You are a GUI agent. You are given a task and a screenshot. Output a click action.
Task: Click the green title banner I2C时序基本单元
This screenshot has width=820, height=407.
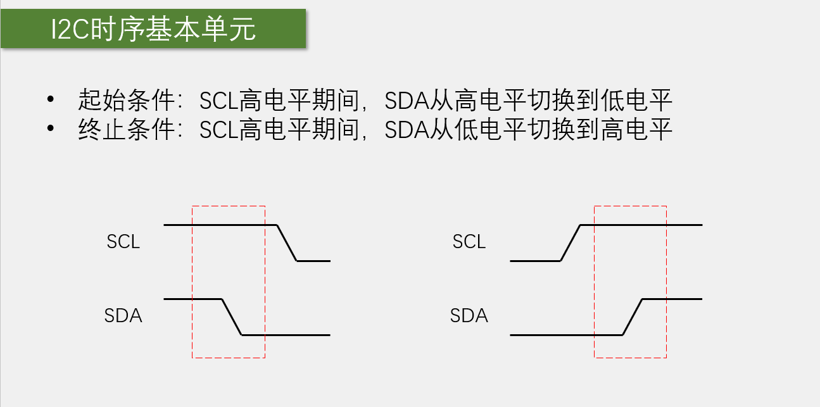tap(153, 28)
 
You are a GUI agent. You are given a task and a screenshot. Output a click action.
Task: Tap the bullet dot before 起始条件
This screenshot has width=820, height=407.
tap(51, 100)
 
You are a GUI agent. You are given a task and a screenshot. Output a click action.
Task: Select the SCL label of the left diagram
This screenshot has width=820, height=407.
tap(123, 242)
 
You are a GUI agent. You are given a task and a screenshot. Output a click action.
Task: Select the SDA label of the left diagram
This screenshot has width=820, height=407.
tap(123, 315)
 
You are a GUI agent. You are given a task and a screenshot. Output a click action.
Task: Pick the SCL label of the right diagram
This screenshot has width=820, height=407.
tap(469, 242)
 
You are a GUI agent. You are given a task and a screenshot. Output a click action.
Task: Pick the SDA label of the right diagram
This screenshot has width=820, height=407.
tap(469, 315)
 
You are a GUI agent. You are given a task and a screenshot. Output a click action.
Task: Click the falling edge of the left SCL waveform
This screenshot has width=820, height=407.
tap(287, 242)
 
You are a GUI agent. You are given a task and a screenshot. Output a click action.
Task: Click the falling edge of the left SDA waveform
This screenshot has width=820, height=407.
tap(232, 316)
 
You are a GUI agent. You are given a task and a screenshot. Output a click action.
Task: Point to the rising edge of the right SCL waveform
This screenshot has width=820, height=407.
tap(571, 242)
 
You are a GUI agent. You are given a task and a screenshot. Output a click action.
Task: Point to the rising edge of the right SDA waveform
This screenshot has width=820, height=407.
tap(633, 316)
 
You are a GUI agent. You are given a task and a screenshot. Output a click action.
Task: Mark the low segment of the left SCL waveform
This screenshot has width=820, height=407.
tap(313, 260)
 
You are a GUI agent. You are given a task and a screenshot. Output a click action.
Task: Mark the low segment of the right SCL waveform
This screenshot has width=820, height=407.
tap(535, 260)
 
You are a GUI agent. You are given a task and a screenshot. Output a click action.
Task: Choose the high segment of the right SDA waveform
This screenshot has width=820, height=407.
tap(672, 299)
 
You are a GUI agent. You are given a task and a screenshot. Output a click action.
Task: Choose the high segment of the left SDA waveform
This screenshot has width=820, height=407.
tap(192, 299)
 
